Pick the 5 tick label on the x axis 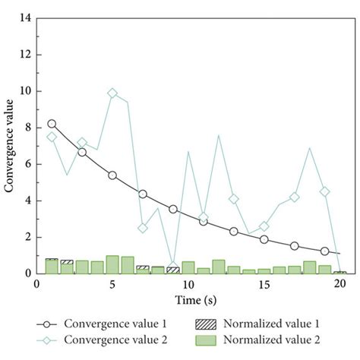click(x=112, y=284)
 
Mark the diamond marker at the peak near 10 click(x=112, y=93)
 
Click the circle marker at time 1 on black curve click(x=52, y=123)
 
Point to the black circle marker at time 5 click(x=112, y=175)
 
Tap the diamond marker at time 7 click(x=143, y=228)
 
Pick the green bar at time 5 click(x=112, y=264)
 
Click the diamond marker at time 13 click(x=234, y=199)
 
